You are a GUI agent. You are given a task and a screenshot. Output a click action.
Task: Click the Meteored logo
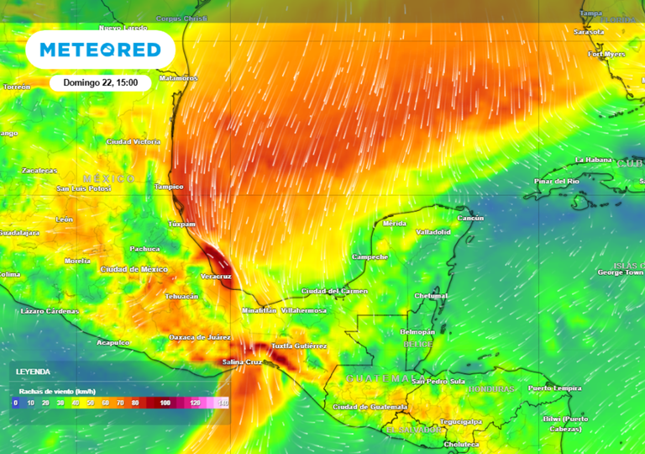[x=100, y=50]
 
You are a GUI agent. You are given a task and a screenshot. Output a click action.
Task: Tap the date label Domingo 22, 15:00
[x=100, y=83]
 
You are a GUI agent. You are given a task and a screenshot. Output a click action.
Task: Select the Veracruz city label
[x=217, y=275]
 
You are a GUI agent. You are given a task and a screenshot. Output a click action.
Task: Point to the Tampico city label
[x=170, y=187]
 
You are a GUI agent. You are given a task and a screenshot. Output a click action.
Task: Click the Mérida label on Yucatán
[x=395, y=224]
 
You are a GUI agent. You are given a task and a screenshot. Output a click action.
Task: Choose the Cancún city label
[x=470, y=218]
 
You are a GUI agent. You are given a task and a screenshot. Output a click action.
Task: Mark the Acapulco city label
[x=113, y=342]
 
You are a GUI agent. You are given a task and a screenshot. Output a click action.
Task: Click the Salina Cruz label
[x=240, y=362]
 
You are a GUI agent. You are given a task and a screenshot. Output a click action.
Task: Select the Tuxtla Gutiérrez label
[x=299, y=346]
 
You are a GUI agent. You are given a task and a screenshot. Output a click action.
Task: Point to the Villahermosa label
[x=304, y=310]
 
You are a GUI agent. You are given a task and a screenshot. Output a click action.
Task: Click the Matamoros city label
[x=178, y=78]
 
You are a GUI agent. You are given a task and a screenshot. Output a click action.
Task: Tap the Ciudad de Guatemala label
[x=370, y=407]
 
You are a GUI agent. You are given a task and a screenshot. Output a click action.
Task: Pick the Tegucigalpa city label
[x=460, y=421]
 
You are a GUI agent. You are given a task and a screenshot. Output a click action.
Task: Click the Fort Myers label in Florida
[x=606, y=54]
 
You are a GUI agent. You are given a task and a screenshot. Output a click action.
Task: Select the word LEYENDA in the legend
[x=33, y=372]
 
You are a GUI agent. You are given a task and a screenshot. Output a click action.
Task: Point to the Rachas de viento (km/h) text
[x=58, y=392]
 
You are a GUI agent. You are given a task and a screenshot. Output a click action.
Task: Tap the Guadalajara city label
[x=19, y=232]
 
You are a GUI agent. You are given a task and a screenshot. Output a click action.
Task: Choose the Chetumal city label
[x=431, y=296]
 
